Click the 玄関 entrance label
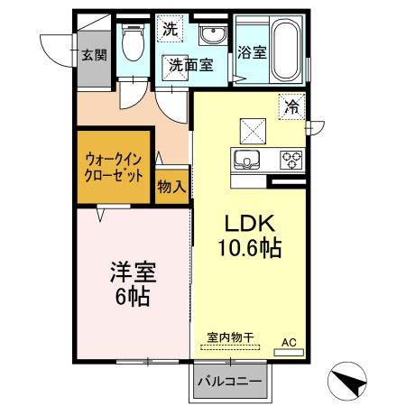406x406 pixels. [x=94, y=55]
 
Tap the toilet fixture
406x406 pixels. [x=133, y=44]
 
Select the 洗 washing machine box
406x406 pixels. [x=170, y=29]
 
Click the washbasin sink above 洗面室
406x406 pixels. [x=214, y=37]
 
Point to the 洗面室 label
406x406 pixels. [x=189, y=65]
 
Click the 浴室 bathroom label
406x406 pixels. [x=252, y=52]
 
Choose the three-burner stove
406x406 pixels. [x=291, y=160]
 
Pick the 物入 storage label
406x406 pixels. [x=171, y=187]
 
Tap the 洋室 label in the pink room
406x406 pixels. [x=131, y=271]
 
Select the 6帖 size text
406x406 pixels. [x=131, y=295]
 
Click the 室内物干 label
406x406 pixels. [x=228, y=336]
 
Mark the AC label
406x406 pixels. [x=289, y=342]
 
